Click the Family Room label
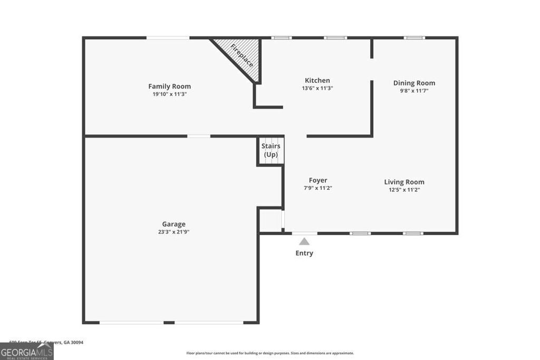click(169, 86)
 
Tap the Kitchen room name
click(317, 81)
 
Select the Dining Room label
click(414, 83)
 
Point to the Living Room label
click(404, 182)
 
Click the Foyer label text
click(318, 180)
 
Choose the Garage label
click(173, 224)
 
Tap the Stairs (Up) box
click(271, 151)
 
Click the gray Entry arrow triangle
click(304, 241)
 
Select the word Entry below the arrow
click(304, 253)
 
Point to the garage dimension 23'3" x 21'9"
click(173, 232)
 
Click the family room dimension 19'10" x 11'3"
click(169, 94)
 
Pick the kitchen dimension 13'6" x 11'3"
click(317, 88)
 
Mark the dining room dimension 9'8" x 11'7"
click(414, 91)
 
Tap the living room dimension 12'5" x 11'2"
click(404, 190)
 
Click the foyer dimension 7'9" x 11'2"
click(318, 188)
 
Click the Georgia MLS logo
click(27, 351)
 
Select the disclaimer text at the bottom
click(270, 353)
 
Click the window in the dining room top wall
click(414, 37)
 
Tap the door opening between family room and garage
click(199, 136)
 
